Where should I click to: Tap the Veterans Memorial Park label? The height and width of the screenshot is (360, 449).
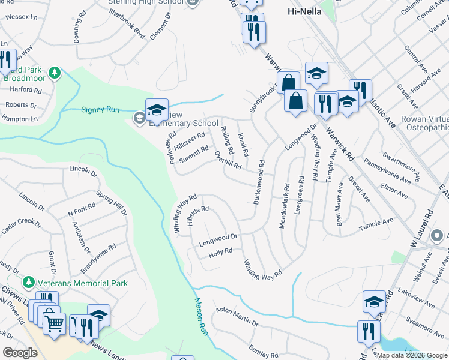tap(80, 283)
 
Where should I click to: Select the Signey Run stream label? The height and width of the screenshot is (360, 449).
tap(101, 109)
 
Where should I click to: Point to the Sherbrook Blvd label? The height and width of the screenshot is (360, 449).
tap(127, 24)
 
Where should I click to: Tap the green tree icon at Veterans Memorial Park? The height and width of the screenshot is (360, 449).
tap(28, 283)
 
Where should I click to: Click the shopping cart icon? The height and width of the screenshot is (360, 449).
tap(54, 323)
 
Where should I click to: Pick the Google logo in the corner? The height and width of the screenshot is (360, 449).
tap(20, 353)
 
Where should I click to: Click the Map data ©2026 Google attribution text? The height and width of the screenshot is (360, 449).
tap(412, 355)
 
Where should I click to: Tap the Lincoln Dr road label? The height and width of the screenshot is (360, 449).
tap(83, 171)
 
